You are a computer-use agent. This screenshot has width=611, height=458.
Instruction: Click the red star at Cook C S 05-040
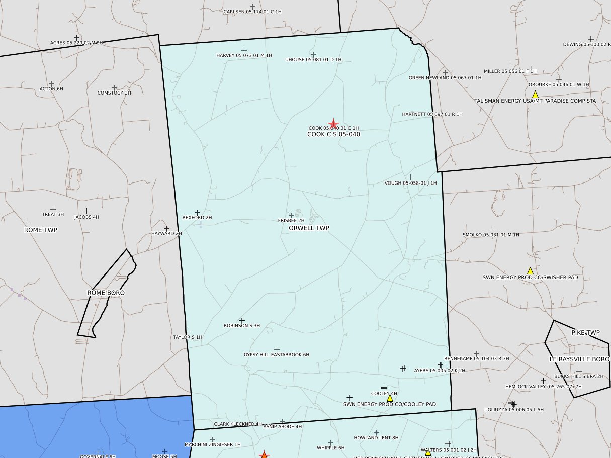[333, 124]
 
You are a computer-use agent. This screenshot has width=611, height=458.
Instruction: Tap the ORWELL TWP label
[309, 228]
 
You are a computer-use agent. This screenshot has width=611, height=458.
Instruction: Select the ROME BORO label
[106, 293]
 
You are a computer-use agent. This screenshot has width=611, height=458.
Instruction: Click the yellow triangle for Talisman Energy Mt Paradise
[535, 95]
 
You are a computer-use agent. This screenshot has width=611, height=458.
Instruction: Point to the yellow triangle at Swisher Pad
[530, 271]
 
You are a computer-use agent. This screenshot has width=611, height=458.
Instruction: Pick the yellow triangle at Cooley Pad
[390, 398]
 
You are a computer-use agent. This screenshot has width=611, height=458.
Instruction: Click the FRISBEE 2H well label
[291, 221]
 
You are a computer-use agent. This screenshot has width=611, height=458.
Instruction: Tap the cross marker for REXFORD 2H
[198, 213]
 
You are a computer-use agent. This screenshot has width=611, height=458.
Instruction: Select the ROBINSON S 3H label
[242, 326]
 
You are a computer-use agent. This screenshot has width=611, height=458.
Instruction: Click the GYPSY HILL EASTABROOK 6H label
[276, 355]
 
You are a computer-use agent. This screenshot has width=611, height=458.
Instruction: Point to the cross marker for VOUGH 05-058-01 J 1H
[410, 177]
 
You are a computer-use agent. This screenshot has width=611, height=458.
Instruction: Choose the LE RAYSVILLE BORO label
[579, 359]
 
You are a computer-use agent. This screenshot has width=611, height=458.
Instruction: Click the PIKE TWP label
[585, 333]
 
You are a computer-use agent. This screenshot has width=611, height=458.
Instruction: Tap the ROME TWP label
[41, 230]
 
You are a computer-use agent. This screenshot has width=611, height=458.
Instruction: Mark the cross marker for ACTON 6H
[51, 84]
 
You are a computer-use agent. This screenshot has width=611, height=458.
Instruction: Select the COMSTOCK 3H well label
[114, 93]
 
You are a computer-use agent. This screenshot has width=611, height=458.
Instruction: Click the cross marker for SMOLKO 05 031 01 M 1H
[491, 229]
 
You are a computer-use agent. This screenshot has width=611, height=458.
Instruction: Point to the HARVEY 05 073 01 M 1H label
[244, 55]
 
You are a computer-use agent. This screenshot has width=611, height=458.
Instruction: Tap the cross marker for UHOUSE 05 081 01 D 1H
[313, 54]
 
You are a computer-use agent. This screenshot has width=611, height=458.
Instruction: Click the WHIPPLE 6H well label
[330, 448]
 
